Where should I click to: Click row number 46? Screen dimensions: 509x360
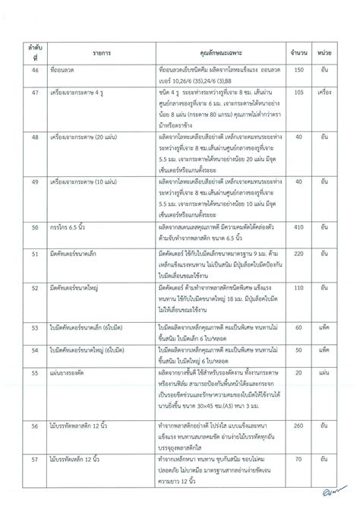tap(34, 69)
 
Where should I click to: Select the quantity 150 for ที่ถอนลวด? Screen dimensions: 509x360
tap(298, 69)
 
